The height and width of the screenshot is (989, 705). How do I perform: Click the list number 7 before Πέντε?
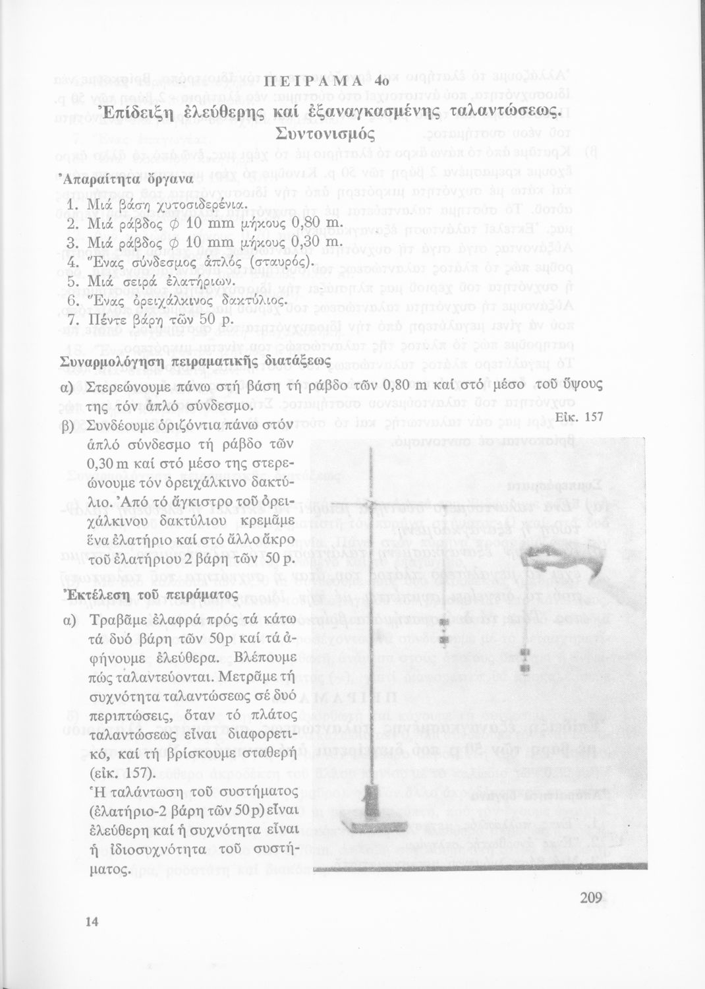[73, 320]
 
